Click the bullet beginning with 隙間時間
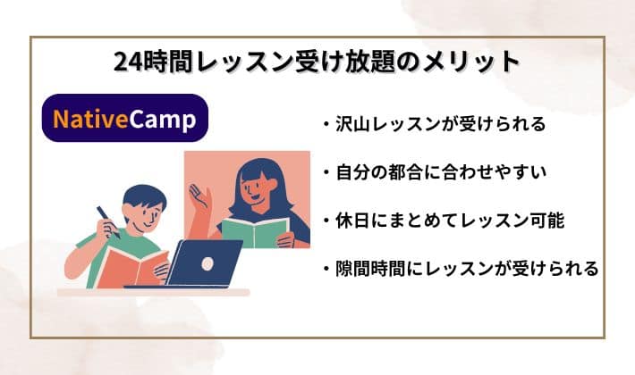click(456, 268)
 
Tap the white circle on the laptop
click(207, 264)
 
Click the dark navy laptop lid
click(206, 264)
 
